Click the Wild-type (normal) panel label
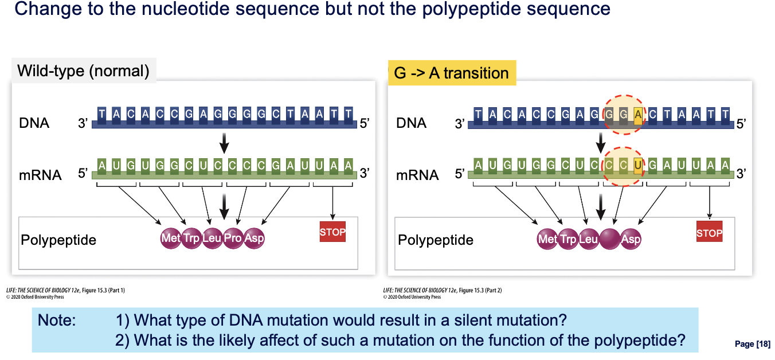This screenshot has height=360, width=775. coord(83,71)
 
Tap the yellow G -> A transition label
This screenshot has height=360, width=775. coord(452,73)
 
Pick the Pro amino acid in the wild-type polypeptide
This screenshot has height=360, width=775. coord(233,238)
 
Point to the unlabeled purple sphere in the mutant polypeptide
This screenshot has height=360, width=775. coord(609,239)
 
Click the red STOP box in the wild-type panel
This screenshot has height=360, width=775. coord(332,232)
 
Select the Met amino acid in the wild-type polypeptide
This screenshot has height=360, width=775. coord(171,238)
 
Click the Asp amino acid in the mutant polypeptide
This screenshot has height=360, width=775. coord(631,239)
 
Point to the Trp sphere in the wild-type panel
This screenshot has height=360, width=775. coord(191,238)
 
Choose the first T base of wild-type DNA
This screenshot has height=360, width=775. coord(101,115)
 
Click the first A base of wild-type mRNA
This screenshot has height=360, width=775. coord(101,166)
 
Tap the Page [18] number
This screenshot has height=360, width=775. coord(753,344)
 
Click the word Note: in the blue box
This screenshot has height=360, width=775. coord(57,320)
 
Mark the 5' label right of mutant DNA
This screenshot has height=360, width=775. coord(741,124)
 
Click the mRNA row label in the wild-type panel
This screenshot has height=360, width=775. coord(40,175)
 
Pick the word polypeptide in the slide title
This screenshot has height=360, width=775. coord(472,9)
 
